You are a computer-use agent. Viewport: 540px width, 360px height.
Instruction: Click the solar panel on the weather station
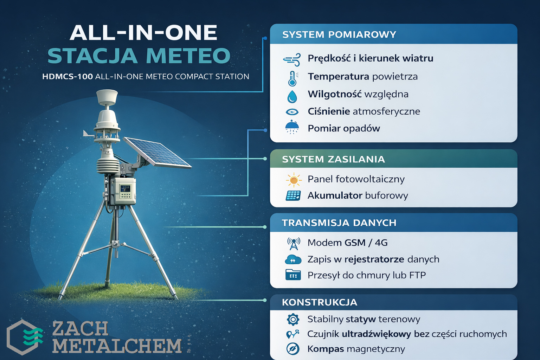coord(157,152)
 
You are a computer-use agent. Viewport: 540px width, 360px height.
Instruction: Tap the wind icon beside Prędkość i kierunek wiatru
coord(292,59)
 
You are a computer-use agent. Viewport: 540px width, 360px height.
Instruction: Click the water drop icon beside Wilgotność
coord(292,96)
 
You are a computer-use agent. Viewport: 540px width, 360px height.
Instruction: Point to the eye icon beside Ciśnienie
coord(292,112)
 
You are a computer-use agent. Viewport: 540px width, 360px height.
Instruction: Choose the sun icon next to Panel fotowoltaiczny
coord(294,180)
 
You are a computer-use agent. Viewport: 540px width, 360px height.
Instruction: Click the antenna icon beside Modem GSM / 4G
coord(294,244)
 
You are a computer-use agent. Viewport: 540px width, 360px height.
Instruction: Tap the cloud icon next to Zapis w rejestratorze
coord(293,259)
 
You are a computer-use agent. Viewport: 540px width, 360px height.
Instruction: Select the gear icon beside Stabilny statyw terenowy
coord(293,320)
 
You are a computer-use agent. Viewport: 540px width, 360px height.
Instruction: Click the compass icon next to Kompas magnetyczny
coord(293,349)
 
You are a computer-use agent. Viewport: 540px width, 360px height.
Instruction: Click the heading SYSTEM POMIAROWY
coord(339,34)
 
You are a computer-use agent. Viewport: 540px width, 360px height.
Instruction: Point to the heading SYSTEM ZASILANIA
coord(333,159)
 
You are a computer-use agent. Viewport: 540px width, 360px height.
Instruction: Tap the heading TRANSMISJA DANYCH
coord(339,223)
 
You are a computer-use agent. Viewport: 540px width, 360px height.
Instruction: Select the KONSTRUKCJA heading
coord(320,302)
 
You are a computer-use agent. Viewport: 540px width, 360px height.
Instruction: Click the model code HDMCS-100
coord(67,76)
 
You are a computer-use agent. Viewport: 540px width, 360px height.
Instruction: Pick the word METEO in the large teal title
coord(188,56)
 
